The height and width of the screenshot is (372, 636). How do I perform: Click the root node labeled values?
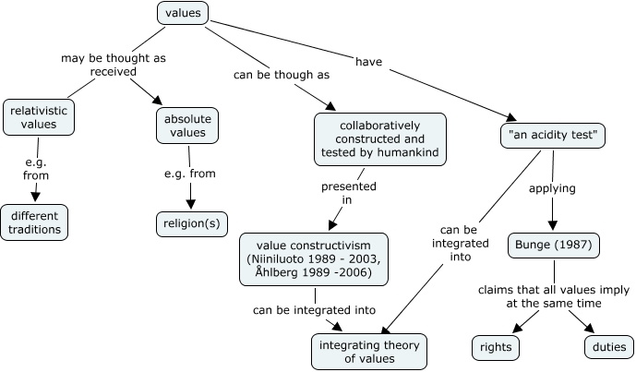coord(183,13)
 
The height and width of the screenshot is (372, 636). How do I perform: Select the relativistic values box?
coord(39,116)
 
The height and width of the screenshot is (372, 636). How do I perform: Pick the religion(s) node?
coord(190,222)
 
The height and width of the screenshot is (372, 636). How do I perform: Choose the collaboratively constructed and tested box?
coord(379,138)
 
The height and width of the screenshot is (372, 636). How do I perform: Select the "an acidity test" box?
coord(553,137)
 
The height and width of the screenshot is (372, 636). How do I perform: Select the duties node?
coord(608,347)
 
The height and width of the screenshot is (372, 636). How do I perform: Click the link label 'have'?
coord(368,63)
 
